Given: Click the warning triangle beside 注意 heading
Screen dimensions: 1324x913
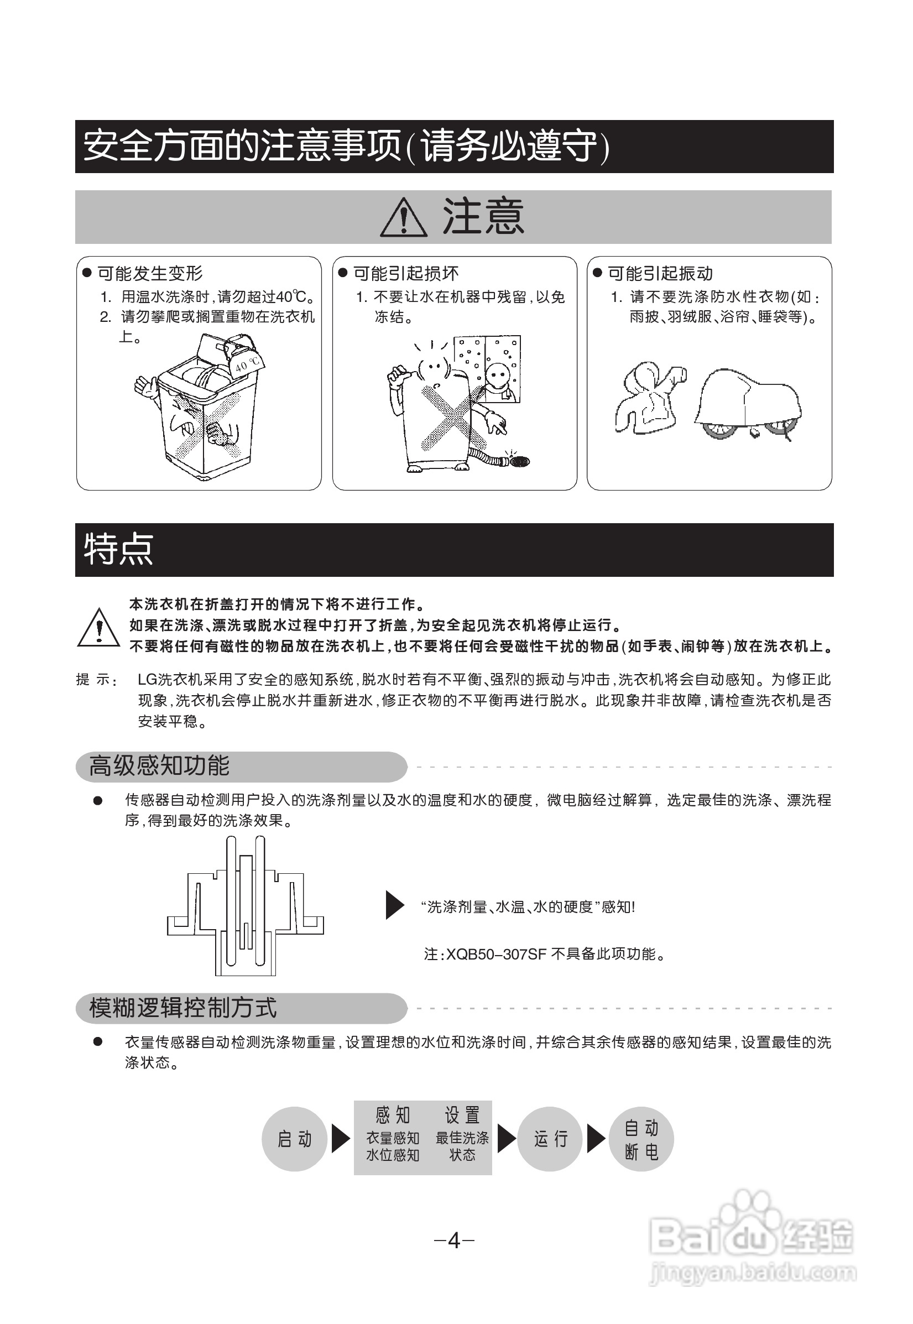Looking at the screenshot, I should click(403, 218).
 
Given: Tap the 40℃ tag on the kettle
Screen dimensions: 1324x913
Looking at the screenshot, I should click(248, 363).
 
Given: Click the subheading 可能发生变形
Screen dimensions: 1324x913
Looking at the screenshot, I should click(150, 274).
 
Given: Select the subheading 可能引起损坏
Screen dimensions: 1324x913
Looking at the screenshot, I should click(405, 274).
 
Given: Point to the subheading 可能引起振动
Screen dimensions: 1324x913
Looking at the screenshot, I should click(660, 274).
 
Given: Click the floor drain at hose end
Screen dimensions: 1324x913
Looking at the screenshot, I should click(519, 461).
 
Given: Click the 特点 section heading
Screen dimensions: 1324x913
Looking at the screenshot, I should click(119, 549).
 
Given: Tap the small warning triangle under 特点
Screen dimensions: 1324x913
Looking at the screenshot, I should click(99, 629).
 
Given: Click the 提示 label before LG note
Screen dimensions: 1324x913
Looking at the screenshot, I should click(96, 680).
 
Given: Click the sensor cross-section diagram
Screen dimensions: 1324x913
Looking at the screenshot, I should click(246, 906).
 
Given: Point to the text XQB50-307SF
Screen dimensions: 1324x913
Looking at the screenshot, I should click(496, 955).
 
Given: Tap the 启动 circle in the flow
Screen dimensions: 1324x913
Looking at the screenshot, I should click(295, 1139).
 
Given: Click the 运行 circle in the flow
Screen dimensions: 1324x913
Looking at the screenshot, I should click(550, 1139).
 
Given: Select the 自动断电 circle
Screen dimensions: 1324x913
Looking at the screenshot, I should click(641, 1139).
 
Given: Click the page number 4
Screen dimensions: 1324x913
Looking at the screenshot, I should click(454, 1240).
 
